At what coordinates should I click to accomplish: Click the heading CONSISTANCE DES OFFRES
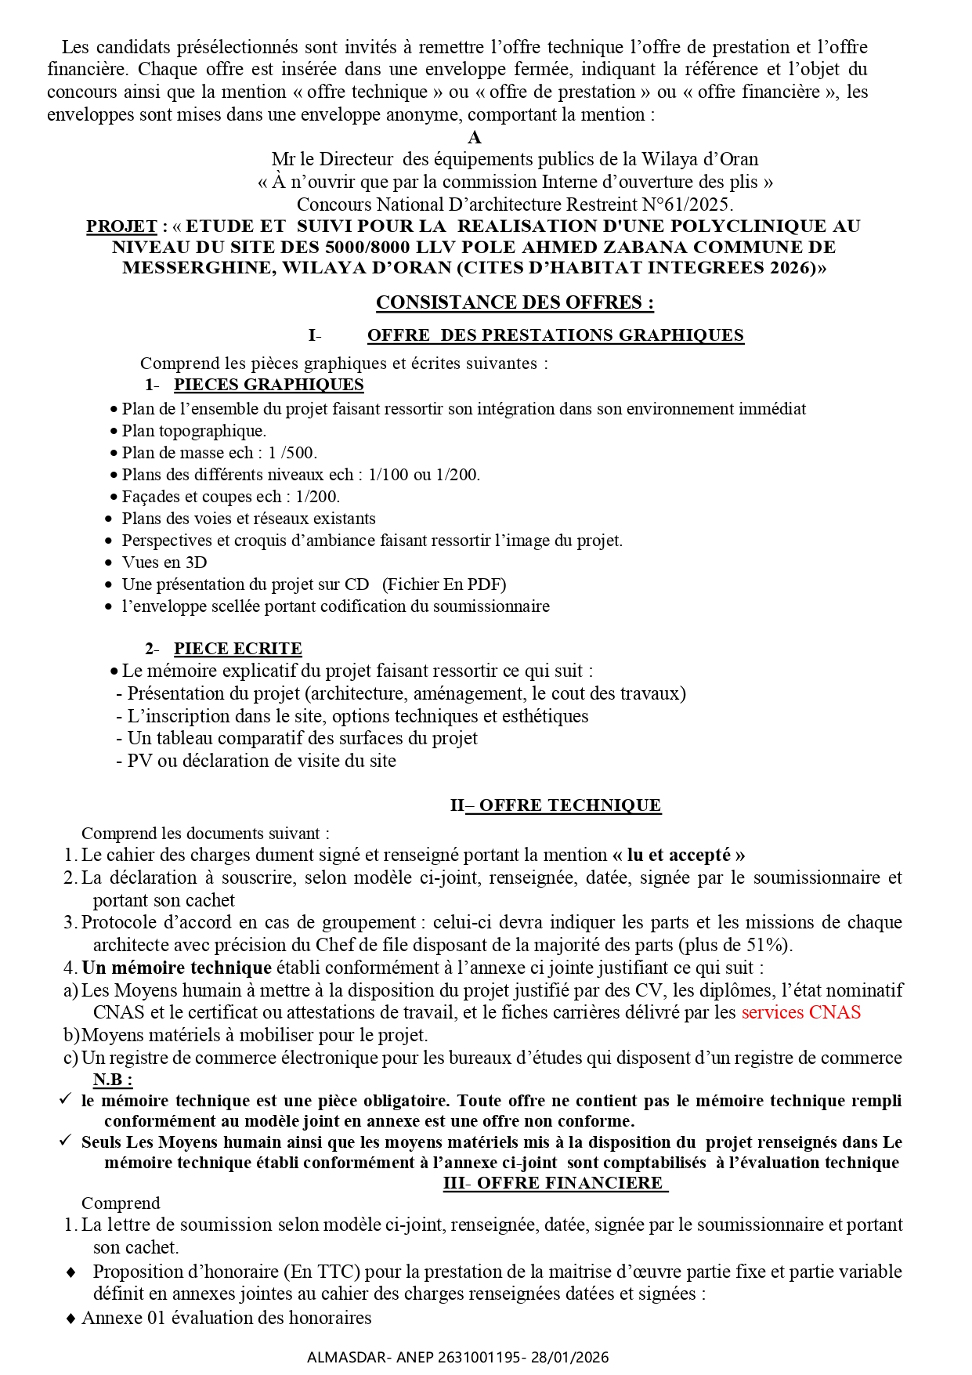point(515,302)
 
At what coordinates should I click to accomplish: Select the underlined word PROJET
point(121,226)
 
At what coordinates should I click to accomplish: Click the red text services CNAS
point(800,1012)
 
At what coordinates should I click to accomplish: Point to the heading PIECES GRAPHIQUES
point(269,385)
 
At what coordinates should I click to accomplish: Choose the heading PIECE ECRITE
point(237,649)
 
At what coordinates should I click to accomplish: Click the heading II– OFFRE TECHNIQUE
point(555,805)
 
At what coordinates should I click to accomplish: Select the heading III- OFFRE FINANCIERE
point(555,1182)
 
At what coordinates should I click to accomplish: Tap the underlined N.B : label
point(113,1080)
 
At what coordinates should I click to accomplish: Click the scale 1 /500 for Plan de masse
point(291,453)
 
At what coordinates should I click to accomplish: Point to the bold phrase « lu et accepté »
point(678,855)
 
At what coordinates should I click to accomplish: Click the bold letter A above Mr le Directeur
point(475,138)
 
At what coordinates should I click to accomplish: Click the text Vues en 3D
point(164,563)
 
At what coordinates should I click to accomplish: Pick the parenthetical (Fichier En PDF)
point(444,584)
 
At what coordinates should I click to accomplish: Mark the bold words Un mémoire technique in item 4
point(177,968)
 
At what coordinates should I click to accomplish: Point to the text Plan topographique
point(193,431)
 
